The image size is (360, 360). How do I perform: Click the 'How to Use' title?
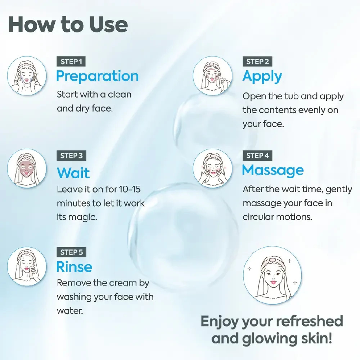tap(68, 25)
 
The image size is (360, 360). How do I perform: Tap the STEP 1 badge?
tap(71, 62)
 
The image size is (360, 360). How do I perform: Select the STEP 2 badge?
tap(257, 62)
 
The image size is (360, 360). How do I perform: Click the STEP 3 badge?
tap(71, 156)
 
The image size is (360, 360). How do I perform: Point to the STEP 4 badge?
tap(257, 156)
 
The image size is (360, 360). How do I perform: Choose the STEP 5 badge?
tap(71, 252)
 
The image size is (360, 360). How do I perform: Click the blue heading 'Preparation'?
tap(98, 77)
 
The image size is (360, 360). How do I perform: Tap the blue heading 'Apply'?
tap(262, 77)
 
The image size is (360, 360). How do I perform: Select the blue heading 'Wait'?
tap(73, 172)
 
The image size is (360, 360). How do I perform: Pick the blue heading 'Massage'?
tap(273, 171)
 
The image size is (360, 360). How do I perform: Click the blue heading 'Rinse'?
tap(74, 267)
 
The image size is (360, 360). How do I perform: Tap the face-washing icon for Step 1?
tap(27, 76)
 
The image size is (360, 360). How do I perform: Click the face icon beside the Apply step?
tap(213, 76)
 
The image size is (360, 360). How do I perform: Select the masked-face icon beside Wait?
tap(27, 168)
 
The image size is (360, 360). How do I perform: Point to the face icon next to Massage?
tap(213, 168)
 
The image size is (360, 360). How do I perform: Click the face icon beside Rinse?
tap(27, 266)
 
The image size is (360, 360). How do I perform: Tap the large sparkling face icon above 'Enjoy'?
tap(272, 275)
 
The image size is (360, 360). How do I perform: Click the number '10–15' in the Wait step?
tap(130, 189)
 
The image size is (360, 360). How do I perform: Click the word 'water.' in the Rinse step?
tap(70, 311)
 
